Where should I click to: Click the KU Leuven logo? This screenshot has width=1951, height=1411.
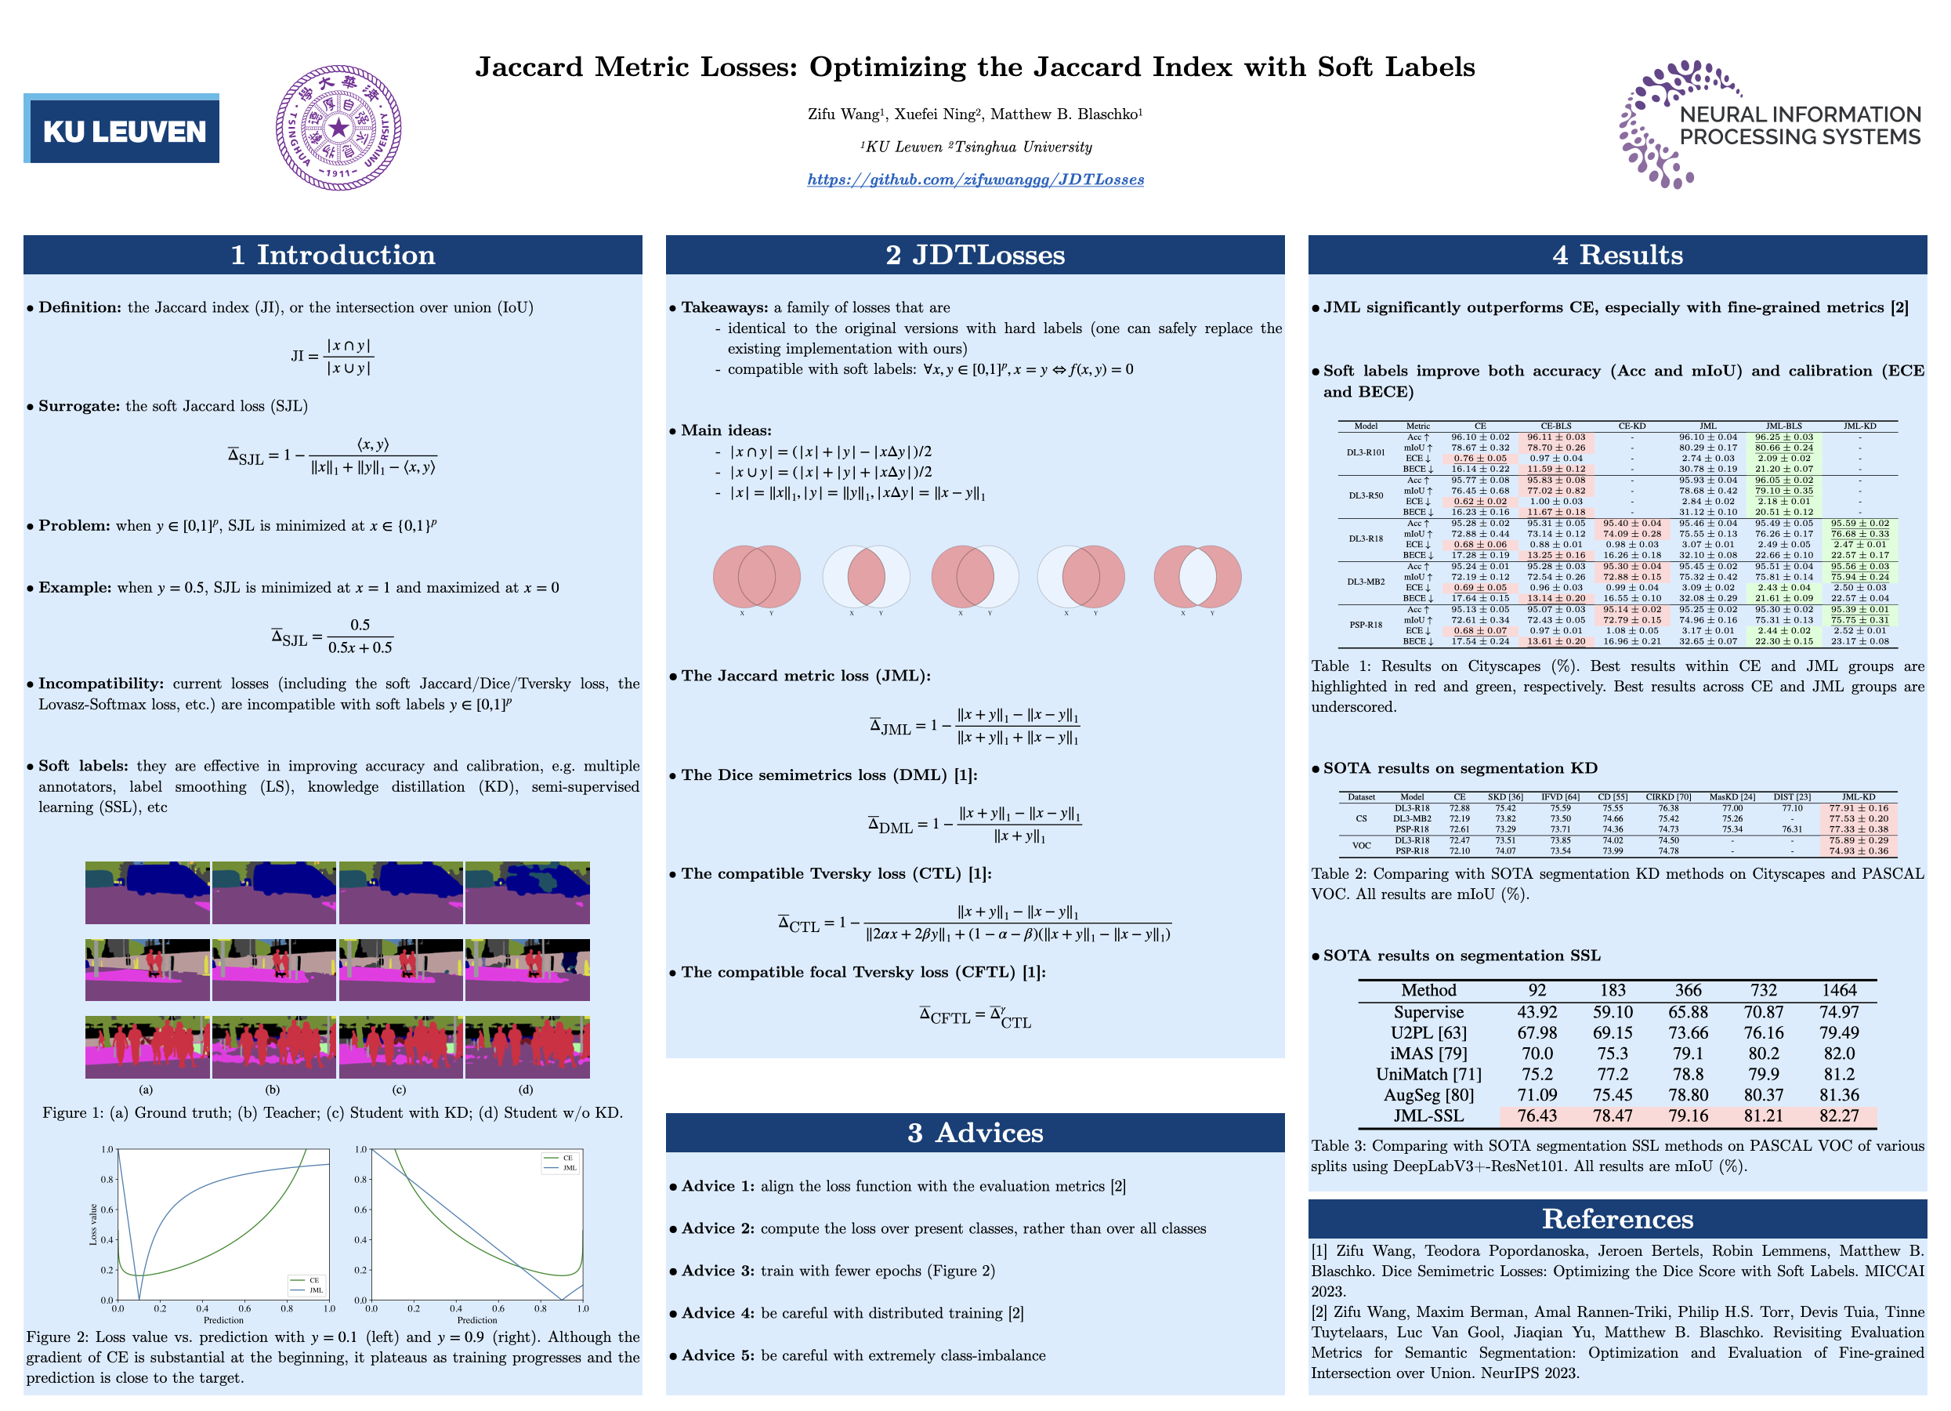pyautogui.click(x=121, y=129)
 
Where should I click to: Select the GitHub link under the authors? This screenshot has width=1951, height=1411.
pyautogui.click(x=975, y=179)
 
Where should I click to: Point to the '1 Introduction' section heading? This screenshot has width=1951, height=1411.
pyautogui.click(x=332, y=255)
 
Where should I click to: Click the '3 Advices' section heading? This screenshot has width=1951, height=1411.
pyautogui.click(x=975, y=1132)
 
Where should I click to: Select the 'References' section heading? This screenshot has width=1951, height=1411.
pyautogui.click(x=1616, y=1218)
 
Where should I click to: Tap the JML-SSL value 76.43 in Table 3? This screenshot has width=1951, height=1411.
pyautogui.click(x=1537, y=1116)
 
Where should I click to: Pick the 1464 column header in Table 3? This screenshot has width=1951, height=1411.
pyautogui.click(x=1838, y=990)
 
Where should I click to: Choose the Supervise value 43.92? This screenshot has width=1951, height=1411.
pyautogui.click(x=1537, y=1012)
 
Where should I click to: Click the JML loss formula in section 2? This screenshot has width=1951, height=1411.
pyautogui.click(x=975, y=725)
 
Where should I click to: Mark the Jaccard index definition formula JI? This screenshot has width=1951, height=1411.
pyautogui.click(x=332, y=356)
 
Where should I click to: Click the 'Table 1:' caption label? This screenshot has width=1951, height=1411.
pyautogui.click(x=1341, y=666)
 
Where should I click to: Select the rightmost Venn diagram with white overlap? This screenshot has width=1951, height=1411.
pyautogui.click(x=1196, y=575)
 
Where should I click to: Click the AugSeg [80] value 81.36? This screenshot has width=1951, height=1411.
pyautogui.click(x=1838, y=1095)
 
